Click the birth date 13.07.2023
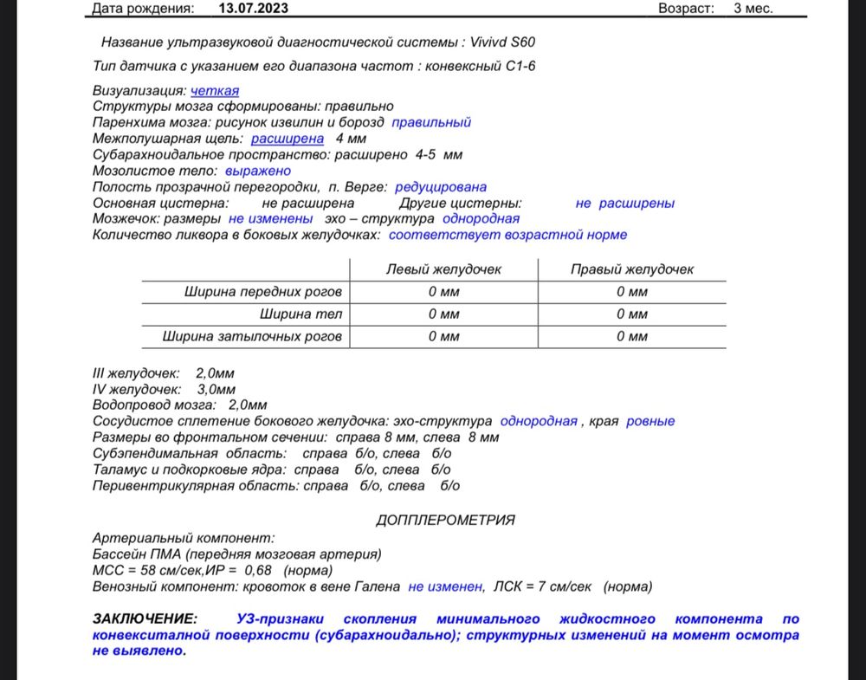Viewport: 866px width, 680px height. click(x=253, y=9)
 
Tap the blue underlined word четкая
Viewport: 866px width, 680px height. click(x=215, y=90)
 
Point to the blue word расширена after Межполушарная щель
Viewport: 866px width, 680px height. click(x=288, y=139)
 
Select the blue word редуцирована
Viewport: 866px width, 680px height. click(x=441, y=186)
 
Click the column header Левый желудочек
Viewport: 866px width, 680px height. click(x=443, y=269)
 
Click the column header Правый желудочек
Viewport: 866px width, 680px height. click(x=631, y=269)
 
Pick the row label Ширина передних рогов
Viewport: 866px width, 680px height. click(x=263, y=292)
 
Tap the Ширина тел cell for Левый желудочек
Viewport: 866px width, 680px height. click(x=443, y=314)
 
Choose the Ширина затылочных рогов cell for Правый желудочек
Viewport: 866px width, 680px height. click(x=631, y=336)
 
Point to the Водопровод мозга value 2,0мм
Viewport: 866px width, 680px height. click(x=248, y=405)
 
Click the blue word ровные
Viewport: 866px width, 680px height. click(x=650, y=421)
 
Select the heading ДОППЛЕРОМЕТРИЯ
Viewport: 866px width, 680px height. click(x=445, y=520)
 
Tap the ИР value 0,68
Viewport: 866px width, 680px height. click(x=258, y=570)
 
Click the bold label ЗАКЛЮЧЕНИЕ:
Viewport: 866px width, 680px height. click(x=145, y=618)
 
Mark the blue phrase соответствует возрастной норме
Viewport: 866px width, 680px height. click(x=507, y=235)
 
